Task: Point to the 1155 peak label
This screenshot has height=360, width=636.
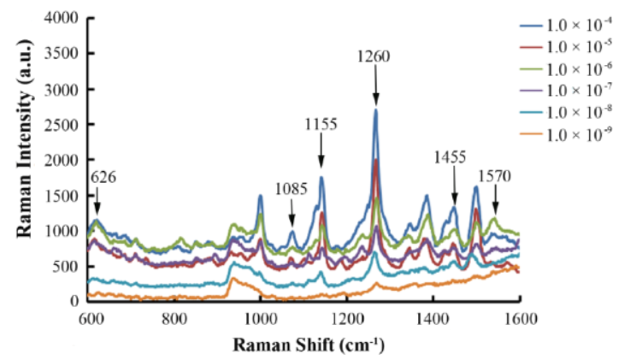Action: click(x=321, y=125)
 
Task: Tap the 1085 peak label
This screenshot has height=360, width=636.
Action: click(x=291, y=188)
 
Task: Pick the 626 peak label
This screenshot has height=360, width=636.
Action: click(x=103, y=178)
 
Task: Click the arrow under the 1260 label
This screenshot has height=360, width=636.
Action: click(x=375, y=85)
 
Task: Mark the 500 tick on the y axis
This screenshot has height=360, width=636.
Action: click(x=71, y=266)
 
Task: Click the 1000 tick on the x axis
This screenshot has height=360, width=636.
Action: click(x=261, y=318)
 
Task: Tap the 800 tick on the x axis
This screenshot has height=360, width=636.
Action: click(x=175, y=318)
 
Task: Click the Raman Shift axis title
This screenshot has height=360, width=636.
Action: click(x=304, y=345)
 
